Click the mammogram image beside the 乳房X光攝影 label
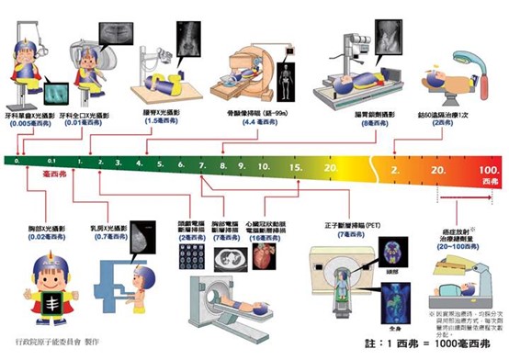coord(144,238)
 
